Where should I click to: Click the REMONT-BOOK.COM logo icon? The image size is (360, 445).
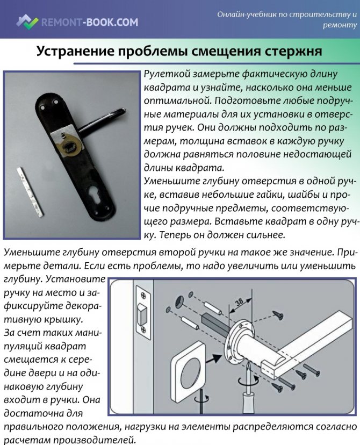[26, 21]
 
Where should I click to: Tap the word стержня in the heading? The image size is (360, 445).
[293, 52]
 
